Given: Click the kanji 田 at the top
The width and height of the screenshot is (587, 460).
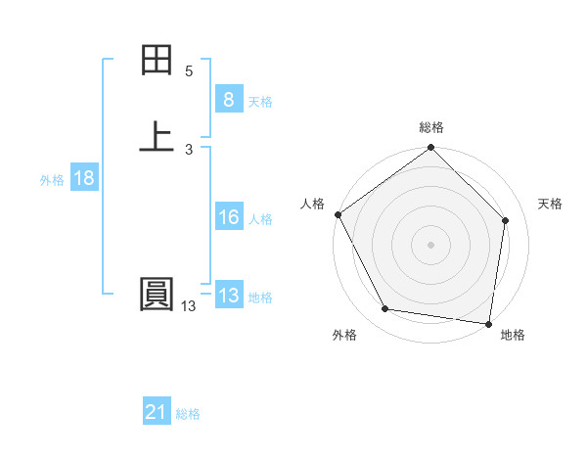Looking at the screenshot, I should pos(157,62).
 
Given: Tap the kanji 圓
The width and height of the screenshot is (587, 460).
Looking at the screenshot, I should pos(157,296).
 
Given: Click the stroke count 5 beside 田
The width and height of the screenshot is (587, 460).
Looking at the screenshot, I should pos(189,71).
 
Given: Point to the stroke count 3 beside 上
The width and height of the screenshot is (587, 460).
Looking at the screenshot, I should pos(189,149).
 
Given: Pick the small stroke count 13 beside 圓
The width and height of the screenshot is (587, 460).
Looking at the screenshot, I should pos(188,306).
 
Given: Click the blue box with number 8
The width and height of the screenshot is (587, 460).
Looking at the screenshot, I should pos(228,100).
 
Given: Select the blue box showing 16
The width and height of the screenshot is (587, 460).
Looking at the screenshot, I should pos(228,217).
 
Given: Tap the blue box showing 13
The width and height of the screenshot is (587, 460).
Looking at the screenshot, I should pos(228,296).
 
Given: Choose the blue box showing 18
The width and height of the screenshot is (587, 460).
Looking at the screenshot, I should pos(83,178).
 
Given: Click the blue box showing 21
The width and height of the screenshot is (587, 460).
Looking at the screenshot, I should pos(157,413).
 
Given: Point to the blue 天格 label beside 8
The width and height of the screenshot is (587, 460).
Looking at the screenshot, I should pos(260,102).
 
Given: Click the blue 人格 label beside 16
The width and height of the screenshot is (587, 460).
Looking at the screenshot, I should pos(260,219).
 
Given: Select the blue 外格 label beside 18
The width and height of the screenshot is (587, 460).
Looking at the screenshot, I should pos(52,180).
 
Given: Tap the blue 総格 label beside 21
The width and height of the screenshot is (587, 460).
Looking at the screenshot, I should pos(188,415).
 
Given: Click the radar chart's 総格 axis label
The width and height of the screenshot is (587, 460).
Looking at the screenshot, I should pos(431,127).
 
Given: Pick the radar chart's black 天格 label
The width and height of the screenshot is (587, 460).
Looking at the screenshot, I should pos(550,204).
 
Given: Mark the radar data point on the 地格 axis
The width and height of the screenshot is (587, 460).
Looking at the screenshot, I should pos(489,323).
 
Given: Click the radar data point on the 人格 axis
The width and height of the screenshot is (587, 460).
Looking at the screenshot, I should pos(339,214).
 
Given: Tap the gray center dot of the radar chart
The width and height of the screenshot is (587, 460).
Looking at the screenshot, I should pos(431,244).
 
